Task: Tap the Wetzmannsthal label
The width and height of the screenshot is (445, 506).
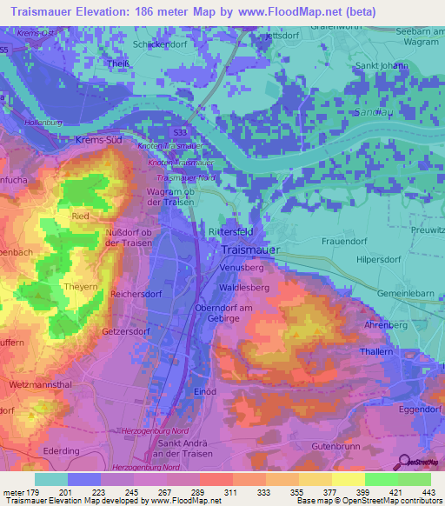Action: (38, 383)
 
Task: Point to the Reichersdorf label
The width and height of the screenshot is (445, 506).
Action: (138, 295)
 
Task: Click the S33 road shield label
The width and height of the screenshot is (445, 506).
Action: (180, 131)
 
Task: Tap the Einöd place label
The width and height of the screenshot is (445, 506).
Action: (206, 391)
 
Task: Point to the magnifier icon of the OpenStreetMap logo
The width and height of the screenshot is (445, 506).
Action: (402, 462)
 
